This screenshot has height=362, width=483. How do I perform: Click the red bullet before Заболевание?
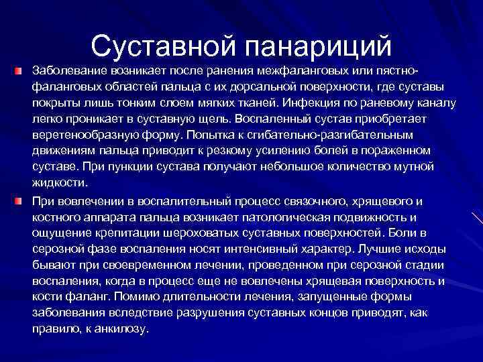[23, 70]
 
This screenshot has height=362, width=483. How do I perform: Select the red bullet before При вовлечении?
[23, 200]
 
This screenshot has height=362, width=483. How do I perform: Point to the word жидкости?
[60, 182]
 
